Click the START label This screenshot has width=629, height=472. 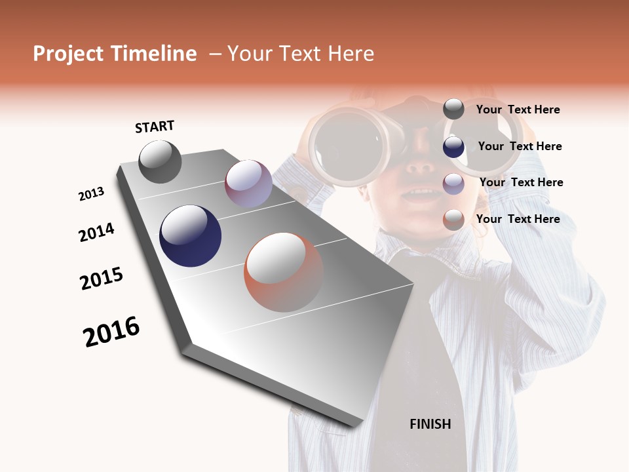(155, 127)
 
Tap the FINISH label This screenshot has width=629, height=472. (430, 424)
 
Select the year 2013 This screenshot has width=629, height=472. (91, 194)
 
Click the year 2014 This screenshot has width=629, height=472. (96, 233)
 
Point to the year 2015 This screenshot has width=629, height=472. (102, 279)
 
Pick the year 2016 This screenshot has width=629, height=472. (111, 332)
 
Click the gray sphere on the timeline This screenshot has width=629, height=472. (160, 161)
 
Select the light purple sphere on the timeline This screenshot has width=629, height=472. (248, 183)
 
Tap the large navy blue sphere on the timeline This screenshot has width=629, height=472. (190, 236)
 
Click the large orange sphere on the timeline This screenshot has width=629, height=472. (284, 271)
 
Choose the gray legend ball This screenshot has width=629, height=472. (453, 109)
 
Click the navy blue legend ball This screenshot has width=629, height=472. (453, 147)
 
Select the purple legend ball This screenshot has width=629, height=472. (453, 184)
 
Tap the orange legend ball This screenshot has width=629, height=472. (453, 220)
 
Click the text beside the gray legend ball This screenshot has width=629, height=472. (518, 109)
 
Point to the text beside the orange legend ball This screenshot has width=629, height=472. (518, 219)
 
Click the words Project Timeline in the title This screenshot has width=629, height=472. (115, 54)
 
